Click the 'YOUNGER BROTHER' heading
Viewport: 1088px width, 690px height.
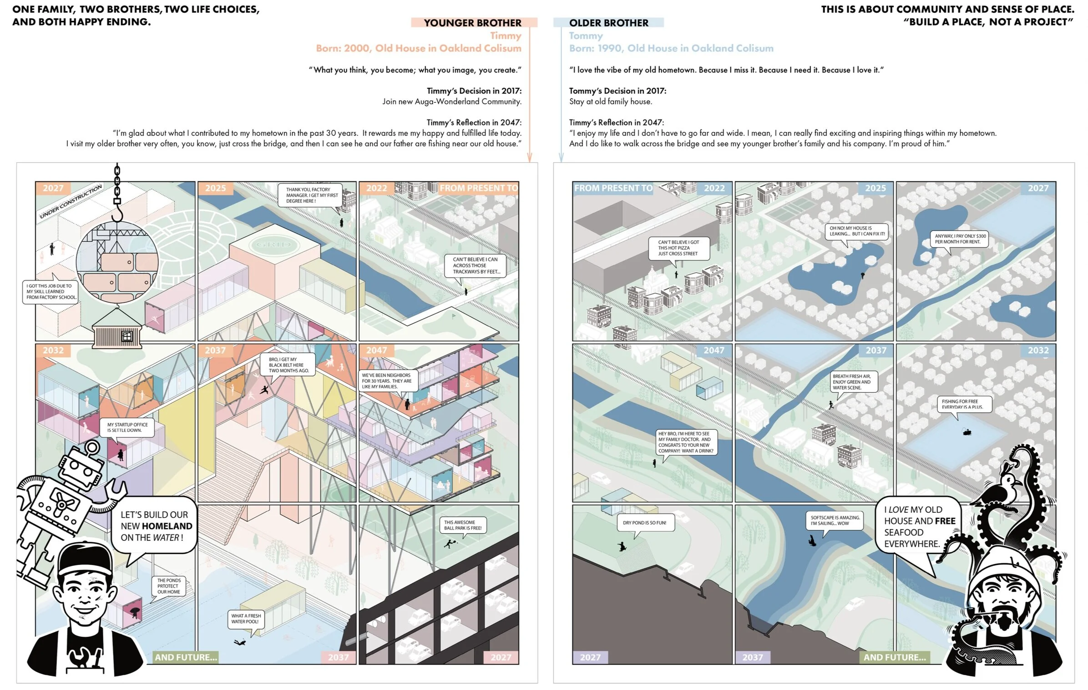[x=472, y=23]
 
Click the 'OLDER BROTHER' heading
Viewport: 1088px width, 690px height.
[x=608, y=23]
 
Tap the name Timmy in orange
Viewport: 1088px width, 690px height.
[x=506, y=35]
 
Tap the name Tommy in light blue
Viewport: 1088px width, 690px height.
[x=586, y=35]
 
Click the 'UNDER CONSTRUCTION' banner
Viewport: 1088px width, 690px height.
[x=71, y=201]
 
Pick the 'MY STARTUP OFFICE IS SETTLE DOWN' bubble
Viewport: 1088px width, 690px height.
[x=127, y=427]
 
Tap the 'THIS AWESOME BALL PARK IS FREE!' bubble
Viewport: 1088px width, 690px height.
[x=462, y=525]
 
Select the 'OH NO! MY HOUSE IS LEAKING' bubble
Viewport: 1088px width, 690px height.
[x=857, y=231]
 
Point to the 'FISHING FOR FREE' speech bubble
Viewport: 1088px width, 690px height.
[x=962, y=404]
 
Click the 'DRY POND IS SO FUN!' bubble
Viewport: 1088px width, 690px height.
[x=644, y=523]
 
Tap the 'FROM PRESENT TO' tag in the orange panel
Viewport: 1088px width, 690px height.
[x=478, y=188]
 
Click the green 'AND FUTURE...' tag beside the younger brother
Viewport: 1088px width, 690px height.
[x=186, y=657]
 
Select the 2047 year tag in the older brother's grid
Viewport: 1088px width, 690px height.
[x=714, y=350]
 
